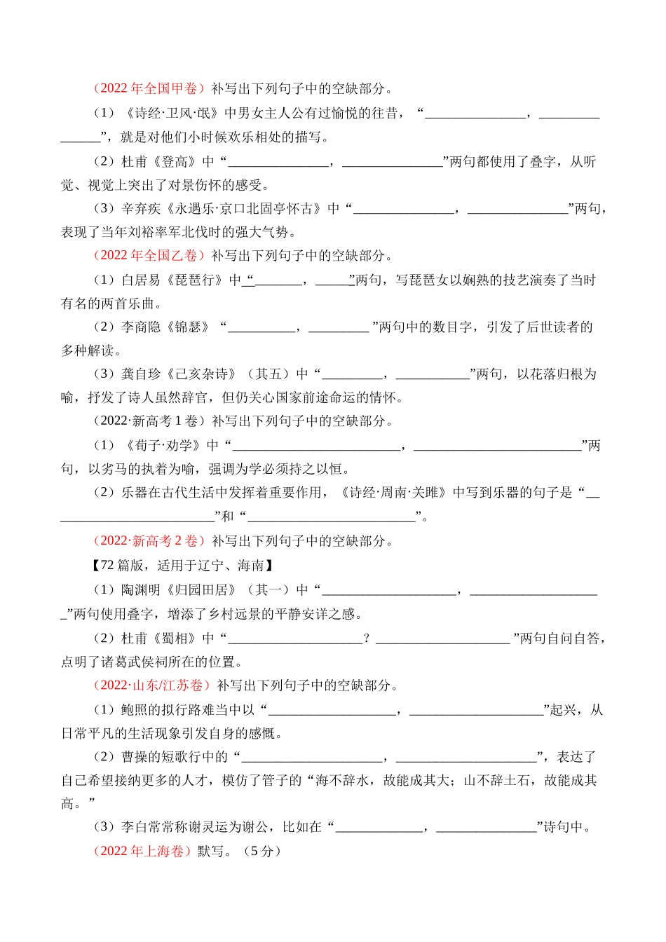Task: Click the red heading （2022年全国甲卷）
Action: click(149, 88)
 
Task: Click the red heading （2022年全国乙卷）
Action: click(149, 255)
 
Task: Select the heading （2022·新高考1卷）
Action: click(149, 421)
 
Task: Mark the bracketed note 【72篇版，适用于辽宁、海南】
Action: click(183, 565)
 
